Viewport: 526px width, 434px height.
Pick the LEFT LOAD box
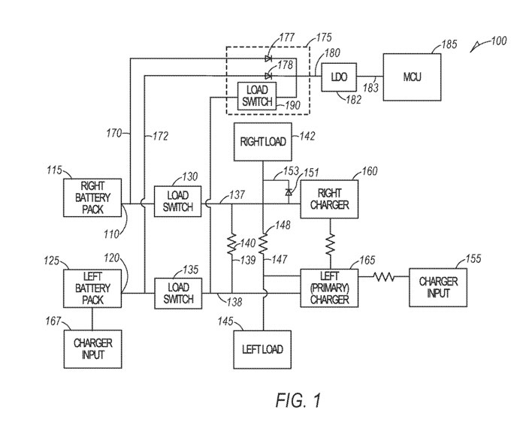pos(260,350)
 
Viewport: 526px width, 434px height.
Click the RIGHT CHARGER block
pos(328,198)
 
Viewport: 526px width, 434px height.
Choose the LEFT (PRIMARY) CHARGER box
pos(328,287)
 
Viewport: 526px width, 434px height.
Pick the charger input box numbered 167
pos(92,350)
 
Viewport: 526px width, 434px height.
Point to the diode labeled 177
pos(268,57)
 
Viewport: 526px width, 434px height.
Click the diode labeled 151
pos(289,193)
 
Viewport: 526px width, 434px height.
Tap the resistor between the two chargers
pos(328,243)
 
